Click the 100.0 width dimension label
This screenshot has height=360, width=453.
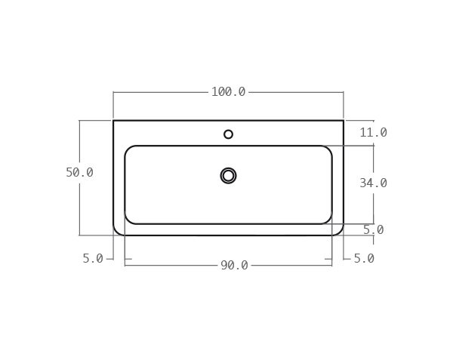coord(228,92)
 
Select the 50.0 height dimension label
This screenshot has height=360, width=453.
coord(79,173)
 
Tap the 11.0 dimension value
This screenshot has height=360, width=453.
coord(373,133)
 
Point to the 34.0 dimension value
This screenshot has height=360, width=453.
coord(373,183)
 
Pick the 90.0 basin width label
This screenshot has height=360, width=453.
coord(234,266)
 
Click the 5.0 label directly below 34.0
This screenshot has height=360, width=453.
coord(373,230)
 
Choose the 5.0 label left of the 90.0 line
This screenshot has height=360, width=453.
coord(93,259)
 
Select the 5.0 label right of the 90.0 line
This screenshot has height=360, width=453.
coord(364,259)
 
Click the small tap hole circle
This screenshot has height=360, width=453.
coord(228,134)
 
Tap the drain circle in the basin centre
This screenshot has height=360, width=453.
coord(228,176)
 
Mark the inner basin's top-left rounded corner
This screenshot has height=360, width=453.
coord(128,149)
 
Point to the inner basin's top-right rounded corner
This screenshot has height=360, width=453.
coord(328,149)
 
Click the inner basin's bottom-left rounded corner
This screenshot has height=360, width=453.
coord(128,220)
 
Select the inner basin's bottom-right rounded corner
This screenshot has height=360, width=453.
coord(328,220)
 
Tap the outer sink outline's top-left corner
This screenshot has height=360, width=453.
coord(113,121)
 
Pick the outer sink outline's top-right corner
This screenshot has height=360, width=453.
coord(344,121)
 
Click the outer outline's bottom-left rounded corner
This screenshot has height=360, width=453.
coord(116,232)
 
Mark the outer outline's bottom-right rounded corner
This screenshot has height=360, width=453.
coord(341,232)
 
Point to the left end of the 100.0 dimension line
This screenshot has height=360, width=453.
coord(113,92)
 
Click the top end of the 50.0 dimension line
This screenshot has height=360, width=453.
coord(79,121)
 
